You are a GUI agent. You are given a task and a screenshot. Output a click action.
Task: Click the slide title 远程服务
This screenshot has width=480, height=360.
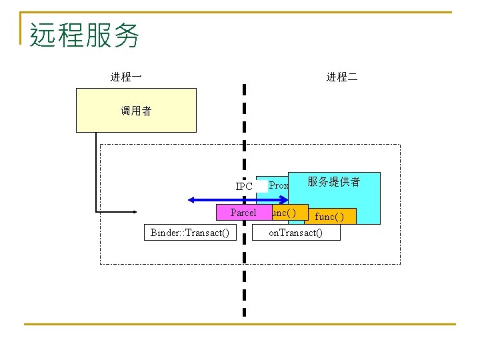pyautogui.click(x=85, y=35)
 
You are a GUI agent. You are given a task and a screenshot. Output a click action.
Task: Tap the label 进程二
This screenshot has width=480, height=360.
pyautogui.click(x=341, y=77)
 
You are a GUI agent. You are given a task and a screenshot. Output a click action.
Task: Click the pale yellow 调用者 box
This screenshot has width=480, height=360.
pyautogui.click(x=136, y=111)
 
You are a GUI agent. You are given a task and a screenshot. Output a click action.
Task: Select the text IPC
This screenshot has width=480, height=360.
pyautogui.click(x=244, y=187)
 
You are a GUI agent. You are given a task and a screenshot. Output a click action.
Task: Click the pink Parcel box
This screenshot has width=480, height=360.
pyautogui.click(x=243, y=213)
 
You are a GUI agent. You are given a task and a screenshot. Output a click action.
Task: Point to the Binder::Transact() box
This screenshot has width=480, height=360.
pyautogui.click(x=190, y=232)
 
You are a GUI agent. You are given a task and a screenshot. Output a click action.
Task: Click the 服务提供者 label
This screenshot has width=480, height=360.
pyautogui.click(x=334, y=181)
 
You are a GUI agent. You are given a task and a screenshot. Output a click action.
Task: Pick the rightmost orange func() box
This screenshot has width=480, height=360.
pyautogui.click(x=330, y=217)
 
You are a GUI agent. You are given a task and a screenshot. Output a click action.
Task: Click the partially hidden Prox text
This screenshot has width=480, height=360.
pyautogui.click(x=279, y=185)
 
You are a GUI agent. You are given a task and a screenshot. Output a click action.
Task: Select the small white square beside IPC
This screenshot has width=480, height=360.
pyautogui.click(x=262, y=186)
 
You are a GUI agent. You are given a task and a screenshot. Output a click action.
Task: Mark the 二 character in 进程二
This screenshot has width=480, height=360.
pyautogui.click(x=352, y=77)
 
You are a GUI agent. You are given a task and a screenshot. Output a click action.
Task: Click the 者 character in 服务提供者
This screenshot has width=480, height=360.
pyautogui.click(x=354, y=181)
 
